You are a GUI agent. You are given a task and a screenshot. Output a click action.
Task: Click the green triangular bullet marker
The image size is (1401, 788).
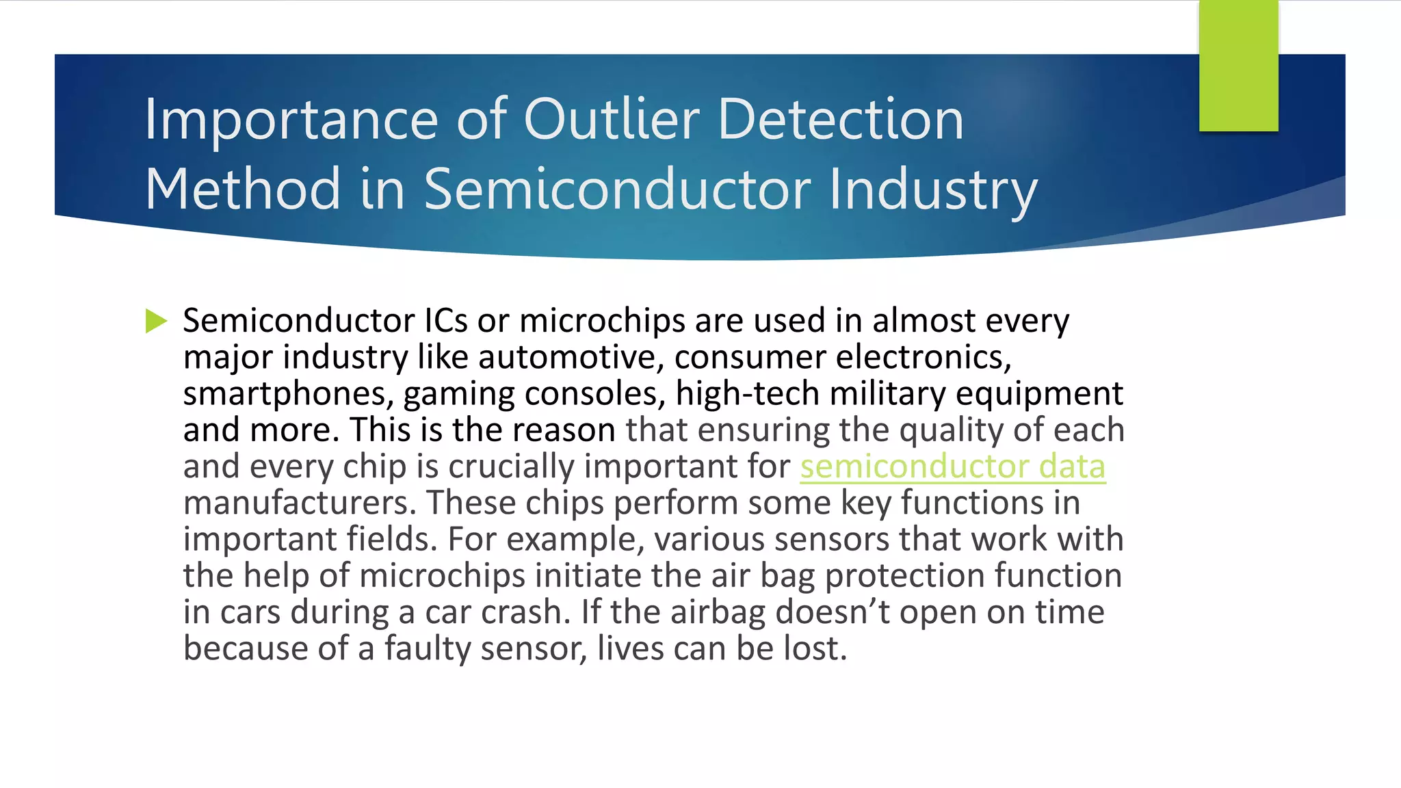click(x=156, y=321)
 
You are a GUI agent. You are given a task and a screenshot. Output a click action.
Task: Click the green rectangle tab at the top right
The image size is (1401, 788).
click(x=1238, y=66)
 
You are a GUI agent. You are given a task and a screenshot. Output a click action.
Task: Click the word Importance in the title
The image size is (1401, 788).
click(x=291, y=120)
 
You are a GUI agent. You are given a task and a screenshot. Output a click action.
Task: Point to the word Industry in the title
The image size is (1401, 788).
click(x=933, y=189)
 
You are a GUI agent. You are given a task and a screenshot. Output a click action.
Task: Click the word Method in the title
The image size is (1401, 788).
click(x=243, y=189)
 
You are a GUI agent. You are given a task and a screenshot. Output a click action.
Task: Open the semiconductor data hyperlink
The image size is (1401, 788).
click(x=952, y=467)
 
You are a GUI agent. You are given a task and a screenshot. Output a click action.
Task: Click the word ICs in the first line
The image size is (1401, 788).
click(x=446, y=321)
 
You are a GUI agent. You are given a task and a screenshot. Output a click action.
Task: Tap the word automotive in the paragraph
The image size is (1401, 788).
click(x=571, y=357)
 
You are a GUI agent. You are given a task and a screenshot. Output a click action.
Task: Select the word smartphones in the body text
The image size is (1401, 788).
click(x=288, y=394)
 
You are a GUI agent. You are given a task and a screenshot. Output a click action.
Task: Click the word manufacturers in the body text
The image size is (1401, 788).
click(x=300, y=503)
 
